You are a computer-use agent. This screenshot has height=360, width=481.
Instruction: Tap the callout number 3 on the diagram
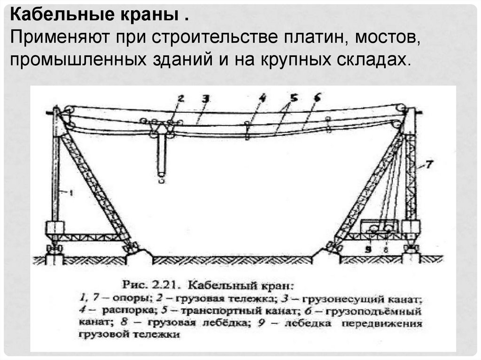(x=205, y=98)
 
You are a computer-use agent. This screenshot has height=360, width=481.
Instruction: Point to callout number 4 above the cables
(x=262, y=98)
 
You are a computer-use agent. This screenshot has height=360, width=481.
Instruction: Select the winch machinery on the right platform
(x=380, y=228)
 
